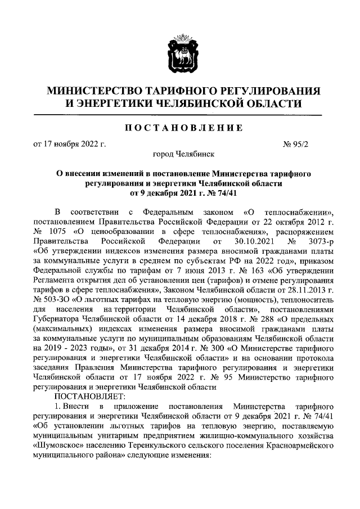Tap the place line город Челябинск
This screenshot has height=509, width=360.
[179, 154]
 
